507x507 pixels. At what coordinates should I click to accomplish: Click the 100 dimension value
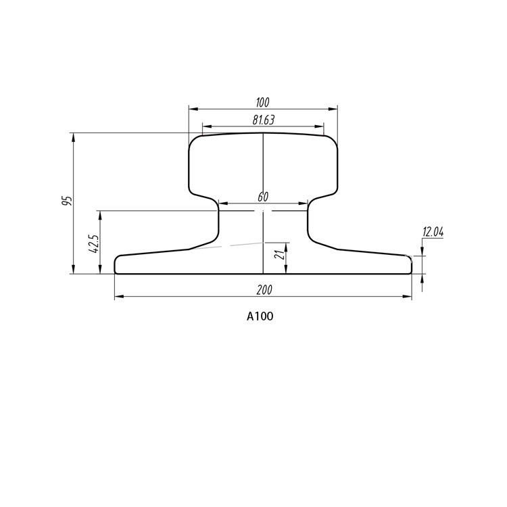click(263, 102)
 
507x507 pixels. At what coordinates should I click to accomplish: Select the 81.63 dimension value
click(263, 120)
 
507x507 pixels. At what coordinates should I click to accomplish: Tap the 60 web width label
click(263, 197)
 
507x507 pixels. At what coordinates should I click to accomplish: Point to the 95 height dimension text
click(66, 201)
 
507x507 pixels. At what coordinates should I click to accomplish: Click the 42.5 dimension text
click(93, 243)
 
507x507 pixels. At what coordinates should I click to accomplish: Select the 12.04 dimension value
click(433, 232)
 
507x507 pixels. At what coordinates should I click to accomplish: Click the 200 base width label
click(264, 289)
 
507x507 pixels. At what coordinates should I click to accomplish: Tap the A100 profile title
click(260, 316)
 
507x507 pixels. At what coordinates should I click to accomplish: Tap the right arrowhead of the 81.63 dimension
click(320, 126)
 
